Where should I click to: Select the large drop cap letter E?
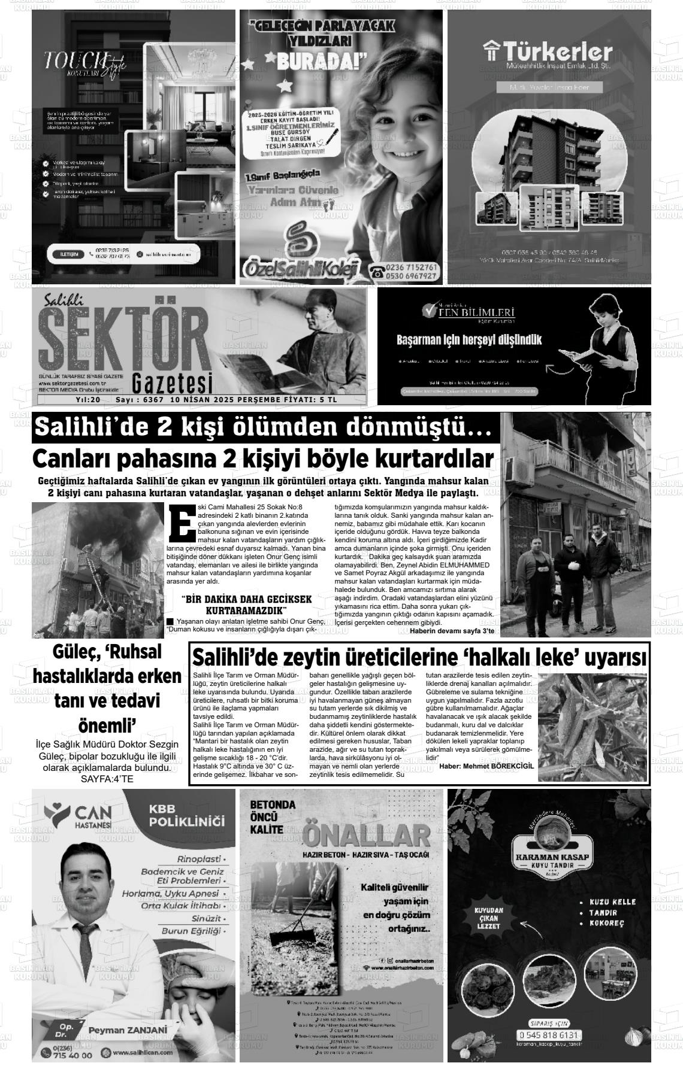click(x=182, y=523)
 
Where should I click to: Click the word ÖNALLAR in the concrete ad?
click(x=367, y=833)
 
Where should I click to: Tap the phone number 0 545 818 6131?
click(x=550, y=1035)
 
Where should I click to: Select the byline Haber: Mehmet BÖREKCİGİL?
click(x=486, y=766)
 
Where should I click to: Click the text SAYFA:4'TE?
click(x=107, y=779)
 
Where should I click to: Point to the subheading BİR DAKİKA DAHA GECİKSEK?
click(x=246, y=599)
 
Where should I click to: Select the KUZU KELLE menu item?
click(x=612, y=901)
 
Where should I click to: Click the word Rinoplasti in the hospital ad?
click(x=198, y=858)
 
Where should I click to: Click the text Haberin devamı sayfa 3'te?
click(x=452, y=631)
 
